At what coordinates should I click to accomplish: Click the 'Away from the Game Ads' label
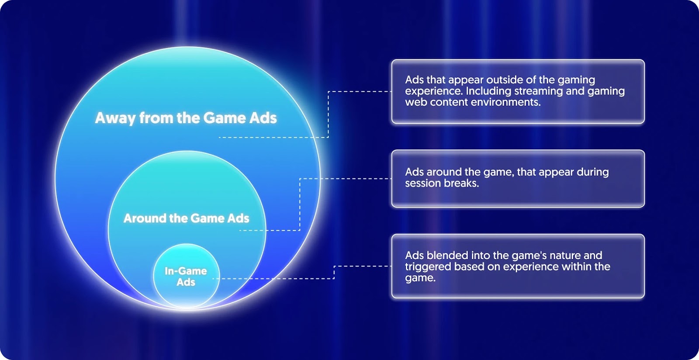point(186,118)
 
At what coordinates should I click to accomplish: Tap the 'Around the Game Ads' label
point(186,218)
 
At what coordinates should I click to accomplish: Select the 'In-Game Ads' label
point(186,277)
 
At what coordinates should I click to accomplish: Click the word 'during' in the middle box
point(592,172)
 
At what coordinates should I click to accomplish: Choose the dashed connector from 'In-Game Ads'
point(334,272)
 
